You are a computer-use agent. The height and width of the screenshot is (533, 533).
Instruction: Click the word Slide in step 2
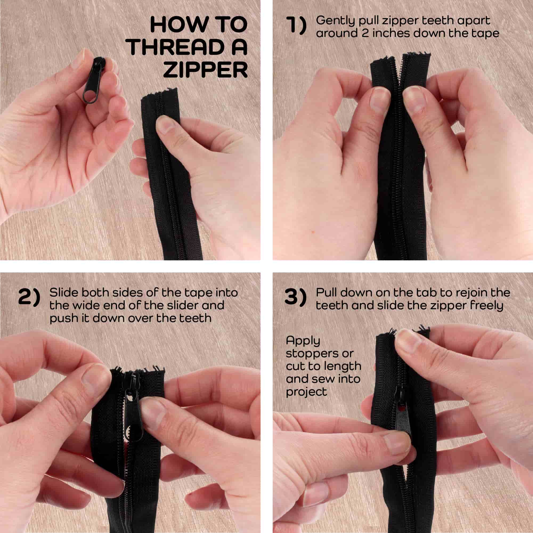[x=64, y=293]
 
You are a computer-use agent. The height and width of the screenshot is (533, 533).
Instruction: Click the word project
[x=306, y=393]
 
